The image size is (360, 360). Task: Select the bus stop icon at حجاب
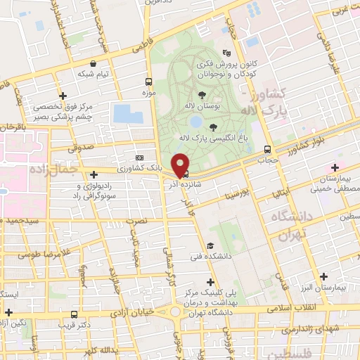tap(266, 149)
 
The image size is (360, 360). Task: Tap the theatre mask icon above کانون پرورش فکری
tap(226, 53)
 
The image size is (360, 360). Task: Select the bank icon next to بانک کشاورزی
tap(139, 157)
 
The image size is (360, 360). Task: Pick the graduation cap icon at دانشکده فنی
tap(210, 245)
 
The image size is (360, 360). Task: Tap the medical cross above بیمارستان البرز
tap(323, 276)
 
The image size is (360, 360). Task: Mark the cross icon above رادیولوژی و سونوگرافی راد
tap(94, 174)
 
